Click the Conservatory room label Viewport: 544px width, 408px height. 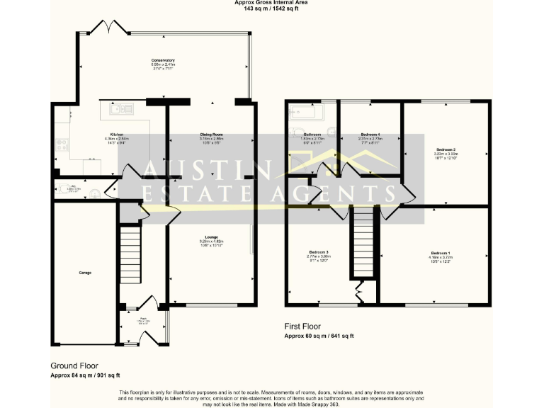click(x=163, y=61)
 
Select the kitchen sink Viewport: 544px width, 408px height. click(x=121, y=108)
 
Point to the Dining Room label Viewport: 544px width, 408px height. click(x=212, y=134)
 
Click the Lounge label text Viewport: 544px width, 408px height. click(x=211, y=237)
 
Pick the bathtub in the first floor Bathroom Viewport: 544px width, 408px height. click(x=305, y=112)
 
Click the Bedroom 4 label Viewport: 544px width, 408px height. click(x=370, y=134)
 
